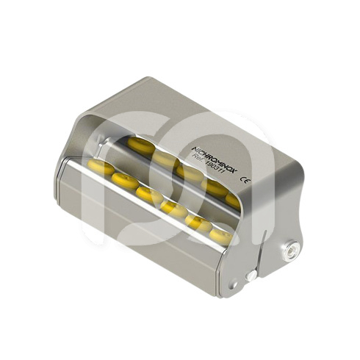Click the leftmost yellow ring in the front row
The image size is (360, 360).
(101, 168)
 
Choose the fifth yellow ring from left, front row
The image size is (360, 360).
(197, 221)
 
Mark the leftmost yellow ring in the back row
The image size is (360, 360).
(140, 145)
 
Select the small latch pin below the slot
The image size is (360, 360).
(251, 275)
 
